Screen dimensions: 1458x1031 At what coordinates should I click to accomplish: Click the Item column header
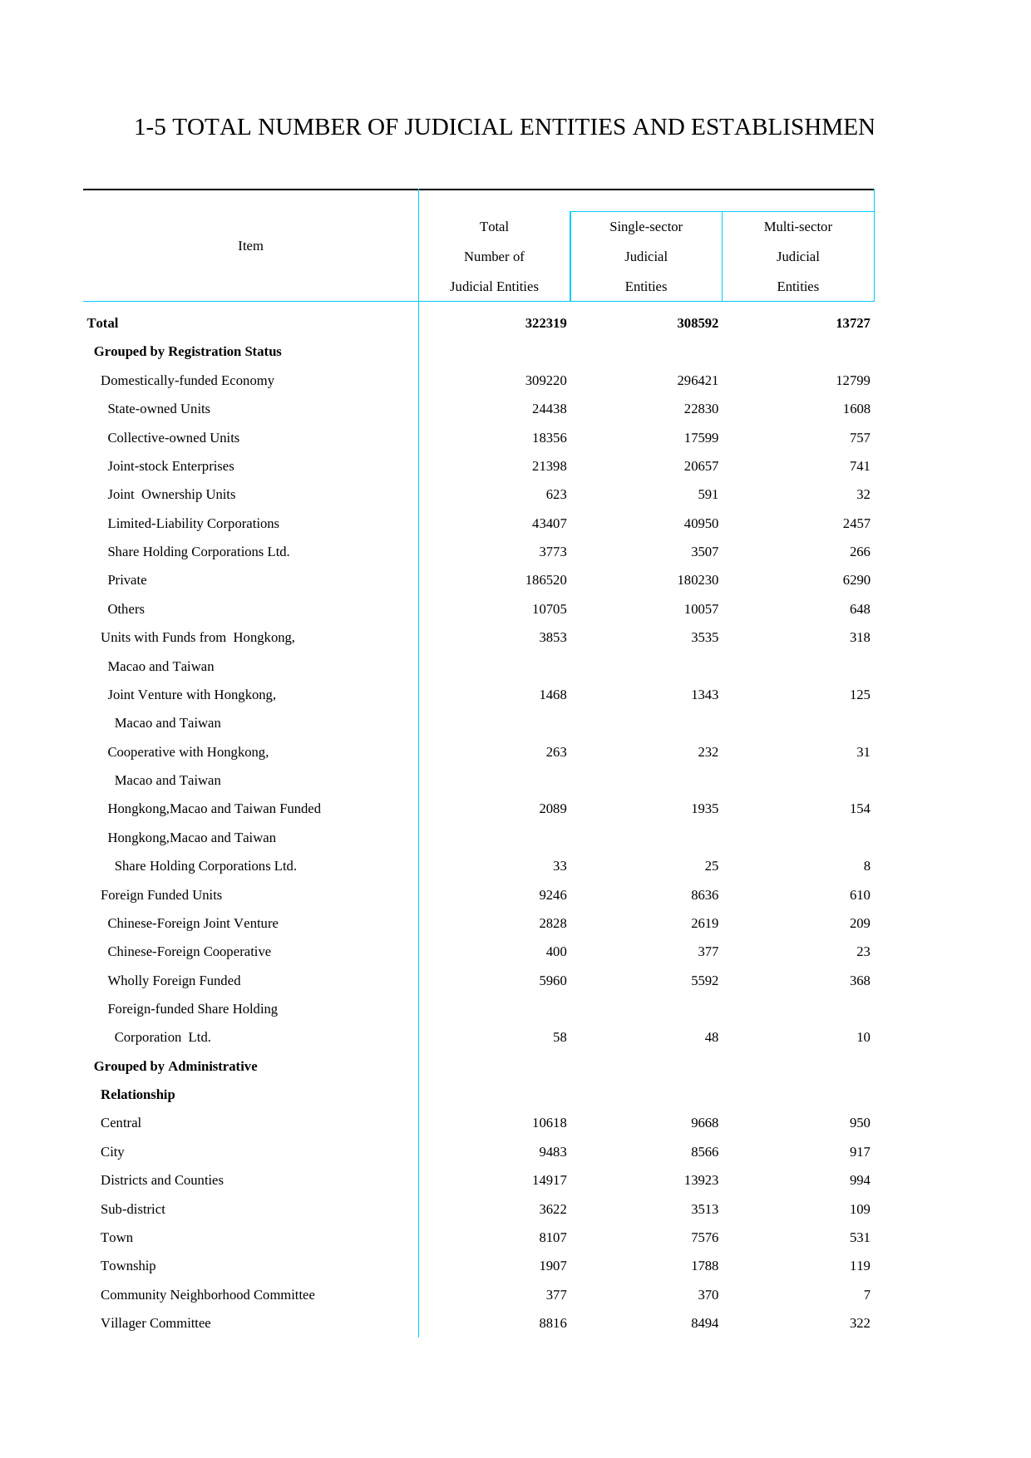(x=250, y=246)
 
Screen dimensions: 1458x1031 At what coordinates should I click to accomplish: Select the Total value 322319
(x=545, y=323)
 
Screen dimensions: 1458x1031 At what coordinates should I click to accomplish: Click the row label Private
(x=127, y=580)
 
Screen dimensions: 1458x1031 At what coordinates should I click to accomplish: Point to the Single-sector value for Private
(x=698, y=580)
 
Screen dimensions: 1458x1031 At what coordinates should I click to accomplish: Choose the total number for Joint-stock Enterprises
(x=549, y=466)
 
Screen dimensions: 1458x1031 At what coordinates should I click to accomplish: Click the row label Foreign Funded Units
(x=161, y=895)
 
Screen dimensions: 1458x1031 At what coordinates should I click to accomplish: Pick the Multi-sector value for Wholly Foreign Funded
(x=860, y=981)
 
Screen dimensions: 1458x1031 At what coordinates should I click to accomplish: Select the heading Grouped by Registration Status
(x=187, y=352)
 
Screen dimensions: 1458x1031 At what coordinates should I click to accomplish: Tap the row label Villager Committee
(x=155, y=1323)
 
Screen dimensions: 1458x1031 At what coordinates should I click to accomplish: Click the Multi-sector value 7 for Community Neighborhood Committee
(x=866, y=1295)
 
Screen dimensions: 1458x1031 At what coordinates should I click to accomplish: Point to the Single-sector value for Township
(x=704, y=1266)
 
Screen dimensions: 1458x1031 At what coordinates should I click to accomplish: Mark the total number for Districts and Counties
(x=549, y=1180)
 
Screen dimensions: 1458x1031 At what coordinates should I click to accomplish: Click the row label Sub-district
(x=133, y=1209)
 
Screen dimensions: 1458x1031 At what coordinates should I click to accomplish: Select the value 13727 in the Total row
(x=852, y=323)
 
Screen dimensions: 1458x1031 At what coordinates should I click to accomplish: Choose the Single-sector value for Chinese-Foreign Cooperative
(x=708, y=952)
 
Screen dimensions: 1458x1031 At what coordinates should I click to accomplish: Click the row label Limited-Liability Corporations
(x=193, y=524)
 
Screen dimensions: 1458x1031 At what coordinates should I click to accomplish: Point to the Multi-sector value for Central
(x=860, y=1123)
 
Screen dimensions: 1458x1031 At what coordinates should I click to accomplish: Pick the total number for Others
(x=549, y=609)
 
